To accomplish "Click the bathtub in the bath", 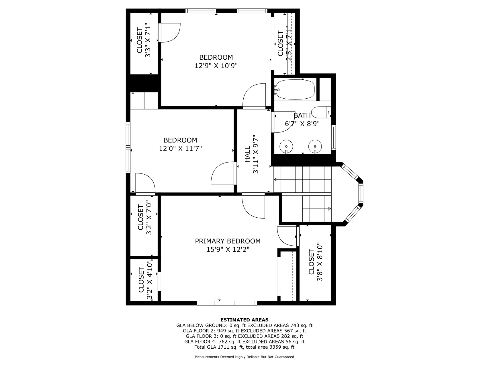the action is pyautogui.click(x=295, y=89).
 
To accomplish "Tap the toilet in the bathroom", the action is pyautogui.click(x=321, y=112).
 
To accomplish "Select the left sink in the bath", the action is pyautogui.click(x=286, y=146).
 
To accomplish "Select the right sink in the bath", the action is pyautogui.click(x=315, y=146).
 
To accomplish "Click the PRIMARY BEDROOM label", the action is pyautogui.click(x=228, y=241).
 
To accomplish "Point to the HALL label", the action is pyautogui.click(x=247, y=154).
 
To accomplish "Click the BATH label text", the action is pyautogui.click(x=302, y=115).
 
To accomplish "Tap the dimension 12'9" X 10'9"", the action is pyautogui.click(x=216, y=66).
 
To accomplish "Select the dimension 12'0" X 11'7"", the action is pyautogui.click(x=180, y=149).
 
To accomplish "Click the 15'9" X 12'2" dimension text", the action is pyautogui.click(x=228, y=249).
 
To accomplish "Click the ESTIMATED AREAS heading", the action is pyautogui.click(x=244, y=320).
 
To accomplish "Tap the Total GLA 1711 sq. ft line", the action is pyautogui.click(x=244, y=347).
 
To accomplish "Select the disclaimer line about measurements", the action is pyautogui.click(x=244, y=357).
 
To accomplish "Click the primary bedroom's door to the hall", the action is pyautogui.click(x=253, y=206).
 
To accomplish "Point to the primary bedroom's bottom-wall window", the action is pyautogui.click(x=227, y=303).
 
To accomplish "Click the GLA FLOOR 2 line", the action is pyautogui.click(x=244, y=331).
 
